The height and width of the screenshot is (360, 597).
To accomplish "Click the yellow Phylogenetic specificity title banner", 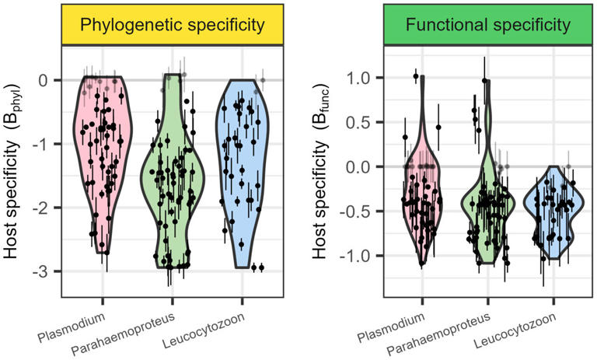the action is tap(173, 25).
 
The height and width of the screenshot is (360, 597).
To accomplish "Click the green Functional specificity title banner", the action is tap(487, 25).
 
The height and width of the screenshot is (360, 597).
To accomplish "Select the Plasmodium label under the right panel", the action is tap(392, 327).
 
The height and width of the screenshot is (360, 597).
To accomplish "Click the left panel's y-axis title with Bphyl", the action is tap(14, 171).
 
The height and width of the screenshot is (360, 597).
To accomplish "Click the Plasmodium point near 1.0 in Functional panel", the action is tap(416, 76).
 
